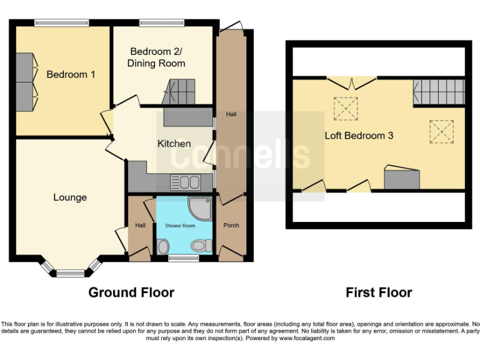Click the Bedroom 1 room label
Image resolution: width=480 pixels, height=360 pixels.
[x=71, y=74]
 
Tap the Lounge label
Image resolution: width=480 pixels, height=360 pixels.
[x=70, y=197]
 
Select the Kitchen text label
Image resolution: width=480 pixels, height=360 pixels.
[x=174, y=144]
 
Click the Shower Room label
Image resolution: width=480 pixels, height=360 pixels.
[x=180, y=226]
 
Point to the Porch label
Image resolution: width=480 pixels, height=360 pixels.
[x=231, y=226]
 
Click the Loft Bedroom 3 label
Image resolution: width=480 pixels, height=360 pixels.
[x=359, y=135]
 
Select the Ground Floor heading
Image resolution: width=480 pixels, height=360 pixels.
[x=131, y=292]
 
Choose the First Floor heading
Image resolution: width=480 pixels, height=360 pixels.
[x=379, y=292]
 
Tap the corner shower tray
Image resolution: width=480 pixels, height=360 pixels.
[x=201, y=209]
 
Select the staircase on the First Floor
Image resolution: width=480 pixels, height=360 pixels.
[x=439, y=92]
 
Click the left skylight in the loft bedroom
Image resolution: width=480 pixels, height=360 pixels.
[x=344, y=108]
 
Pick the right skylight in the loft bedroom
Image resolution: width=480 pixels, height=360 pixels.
[x=440, y=131]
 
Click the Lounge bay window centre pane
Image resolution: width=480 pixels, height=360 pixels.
[x=70, y=272]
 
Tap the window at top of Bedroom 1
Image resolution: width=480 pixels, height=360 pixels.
[x=58, y=23]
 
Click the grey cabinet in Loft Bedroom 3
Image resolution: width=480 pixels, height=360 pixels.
[x=401, y=179]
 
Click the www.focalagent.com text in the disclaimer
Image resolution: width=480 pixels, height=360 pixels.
[x=307, y=338]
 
